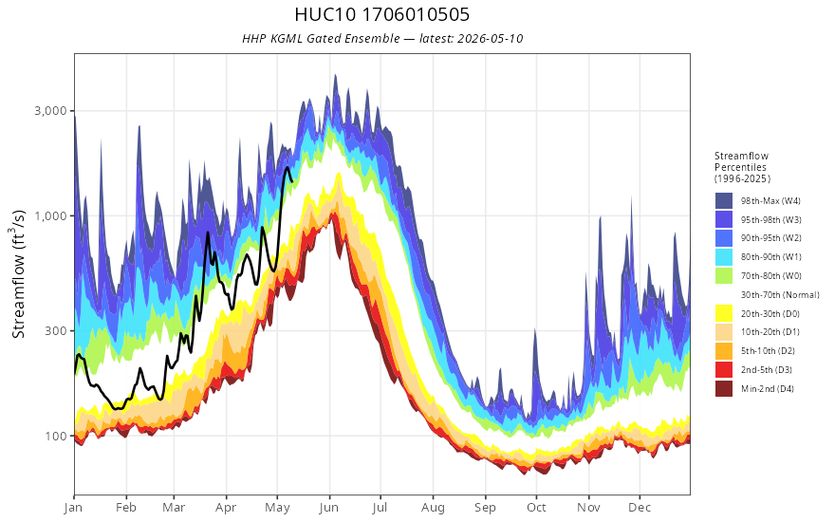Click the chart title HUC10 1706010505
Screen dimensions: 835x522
click(381, 14)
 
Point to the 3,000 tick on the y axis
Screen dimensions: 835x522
click(51, 111)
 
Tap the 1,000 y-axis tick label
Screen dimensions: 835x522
click(51, 215)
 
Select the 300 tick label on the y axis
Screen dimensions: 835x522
click(56, 331)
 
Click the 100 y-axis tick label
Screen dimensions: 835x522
click(56, 436)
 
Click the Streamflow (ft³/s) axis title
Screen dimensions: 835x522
click(19, 274)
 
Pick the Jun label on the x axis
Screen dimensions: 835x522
click(329, 508)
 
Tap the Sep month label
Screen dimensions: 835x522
click(485, 508)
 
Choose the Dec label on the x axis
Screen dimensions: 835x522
click(640, 508)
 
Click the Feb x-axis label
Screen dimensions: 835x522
click(126, 508)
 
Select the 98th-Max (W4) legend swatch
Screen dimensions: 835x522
click(724, 201)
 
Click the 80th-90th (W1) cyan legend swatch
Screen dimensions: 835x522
click(724, 257)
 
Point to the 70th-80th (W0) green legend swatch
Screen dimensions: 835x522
click(724, 276)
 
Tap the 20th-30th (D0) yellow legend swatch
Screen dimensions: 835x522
click(724, 314)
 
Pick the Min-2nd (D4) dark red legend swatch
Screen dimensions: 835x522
click(724, 389)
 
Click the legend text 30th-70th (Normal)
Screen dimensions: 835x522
click(780, 295)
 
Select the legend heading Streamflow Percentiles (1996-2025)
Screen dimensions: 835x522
click(742, 167)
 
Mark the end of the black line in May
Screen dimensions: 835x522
click(292, 181)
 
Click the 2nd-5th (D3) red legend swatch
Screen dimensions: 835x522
click(724, 370)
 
